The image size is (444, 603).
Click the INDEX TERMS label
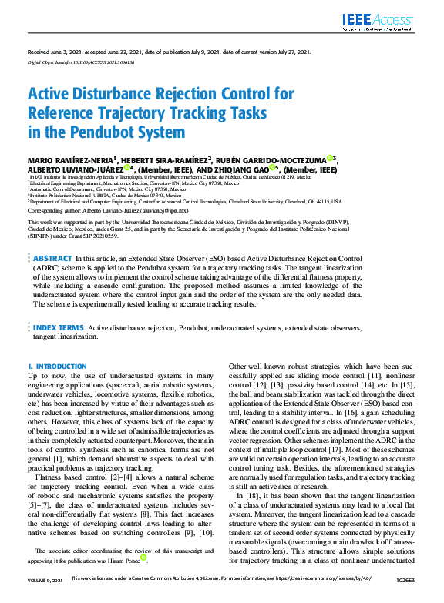[x=59, y=328]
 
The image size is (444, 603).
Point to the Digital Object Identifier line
[x=80, y=62]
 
